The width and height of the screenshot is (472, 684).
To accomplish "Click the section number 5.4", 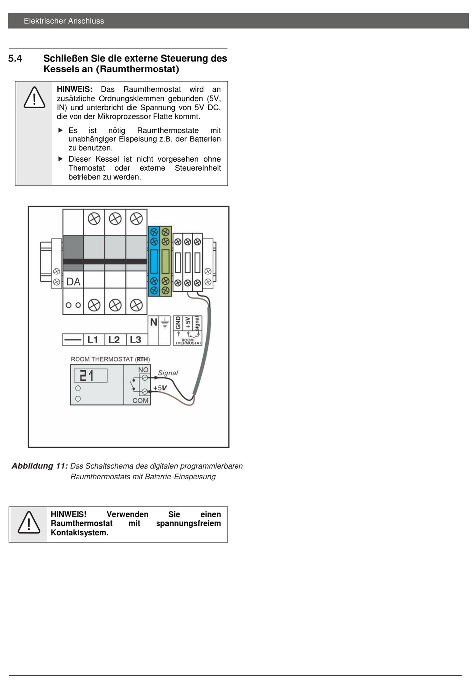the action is point(15,58).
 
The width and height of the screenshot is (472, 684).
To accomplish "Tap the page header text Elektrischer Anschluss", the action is point(64,21).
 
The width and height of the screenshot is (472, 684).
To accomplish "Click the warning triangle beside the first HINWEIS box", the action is point(34,97).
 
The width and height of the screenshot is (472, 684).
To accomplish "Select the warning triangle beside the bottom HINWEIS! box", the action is point(29,523).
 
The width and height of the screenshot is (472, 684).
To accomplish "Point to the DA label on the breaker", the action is point(74,282).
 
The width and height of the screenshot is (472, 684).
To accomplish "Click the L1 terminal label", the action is point(92,339).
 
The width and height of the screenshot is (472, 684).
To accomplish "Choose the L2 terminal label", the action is point(114,339).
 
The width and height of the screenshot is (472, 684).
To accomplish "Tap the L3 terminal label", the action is point(136,339).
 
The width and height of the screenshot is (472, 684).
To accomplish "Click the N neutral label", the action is point(153,322).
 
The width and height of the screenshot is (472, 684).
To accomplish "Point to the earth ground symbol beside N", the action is point(165,323).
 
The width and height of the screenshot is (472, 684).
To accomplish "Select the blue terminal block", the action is point(154,262).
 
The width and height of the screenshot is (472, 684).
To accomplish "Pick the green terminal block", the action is point(165,262).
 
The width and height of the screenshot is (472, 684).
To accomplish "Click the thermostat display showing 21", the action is point(90,376).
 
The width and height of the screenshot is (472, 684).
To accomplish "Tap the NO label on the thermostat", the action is point(143,370).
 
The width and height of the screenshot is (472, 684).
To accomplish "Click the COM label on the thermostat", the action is point(140,400).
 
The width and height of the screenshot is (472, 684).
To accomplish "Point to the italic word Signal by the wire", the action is point(168,373).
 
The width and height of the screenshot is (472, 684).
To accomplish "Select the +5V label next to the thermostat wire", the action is point(160,388).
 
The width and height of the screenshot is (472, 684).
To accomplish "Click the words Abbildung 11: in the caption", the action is point(40,466).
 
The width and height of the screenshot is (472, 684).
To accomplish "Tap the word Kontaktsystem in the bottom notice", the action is point(79,533).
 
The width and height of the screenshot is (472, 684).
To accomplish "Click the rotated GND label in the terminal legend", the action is point(178,323).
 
